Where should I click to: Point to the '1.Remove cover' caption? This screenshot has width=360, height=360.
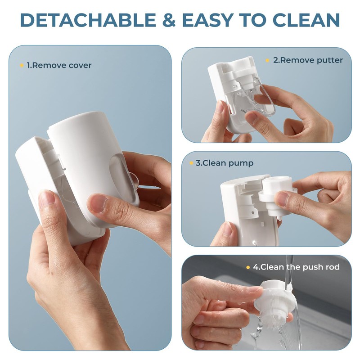(58, 65)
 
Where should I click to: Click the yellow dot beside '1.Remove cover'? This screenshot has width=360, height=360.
(21, 65)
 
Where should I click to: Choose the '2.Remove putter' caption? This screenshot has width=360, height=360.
(308, 60)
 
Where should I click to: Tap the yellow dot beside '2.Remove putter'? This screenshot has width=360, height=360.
(267, 60)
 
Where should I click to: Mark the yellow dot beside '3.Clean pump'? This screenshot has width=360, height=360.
(191, 163)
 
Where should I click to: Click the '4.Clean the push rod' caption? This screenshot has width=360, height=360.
(296, 267)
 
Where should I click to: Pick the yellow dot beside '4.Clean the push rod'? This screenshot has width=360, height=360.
(248, 267)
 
